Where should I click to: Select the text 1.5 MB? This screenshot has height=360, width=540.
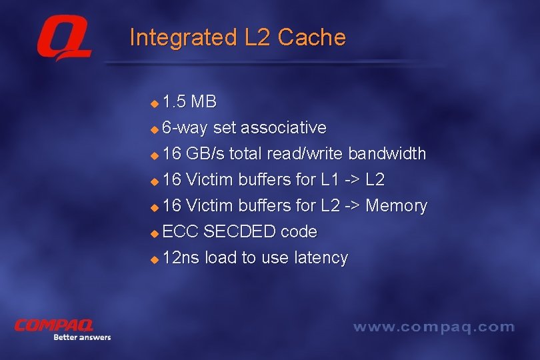tap(189, 102)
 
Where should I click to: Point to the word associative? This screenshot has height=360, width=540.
tap(283, 127)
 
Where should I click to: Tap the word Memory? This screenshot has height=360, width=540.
tap(396, 205)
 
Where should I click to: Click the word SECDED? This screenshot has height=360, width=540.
tap(239, 231)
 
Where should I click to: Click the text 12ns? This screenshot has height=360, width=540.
tap(181, 257)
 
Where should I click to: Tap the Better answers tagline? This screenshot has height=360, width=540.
tap(81, 337)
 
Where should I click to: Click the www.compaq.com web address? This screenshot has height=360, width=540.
tap(433, 327)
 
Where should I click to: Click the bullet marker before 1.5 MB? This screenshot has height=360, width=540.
tap(155, 103)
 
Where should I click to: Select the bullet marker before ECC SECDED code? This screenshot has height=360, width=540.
tap(155, 233)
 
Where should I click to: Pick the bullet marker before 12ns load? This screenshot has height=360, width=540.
tap(155, 259)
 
